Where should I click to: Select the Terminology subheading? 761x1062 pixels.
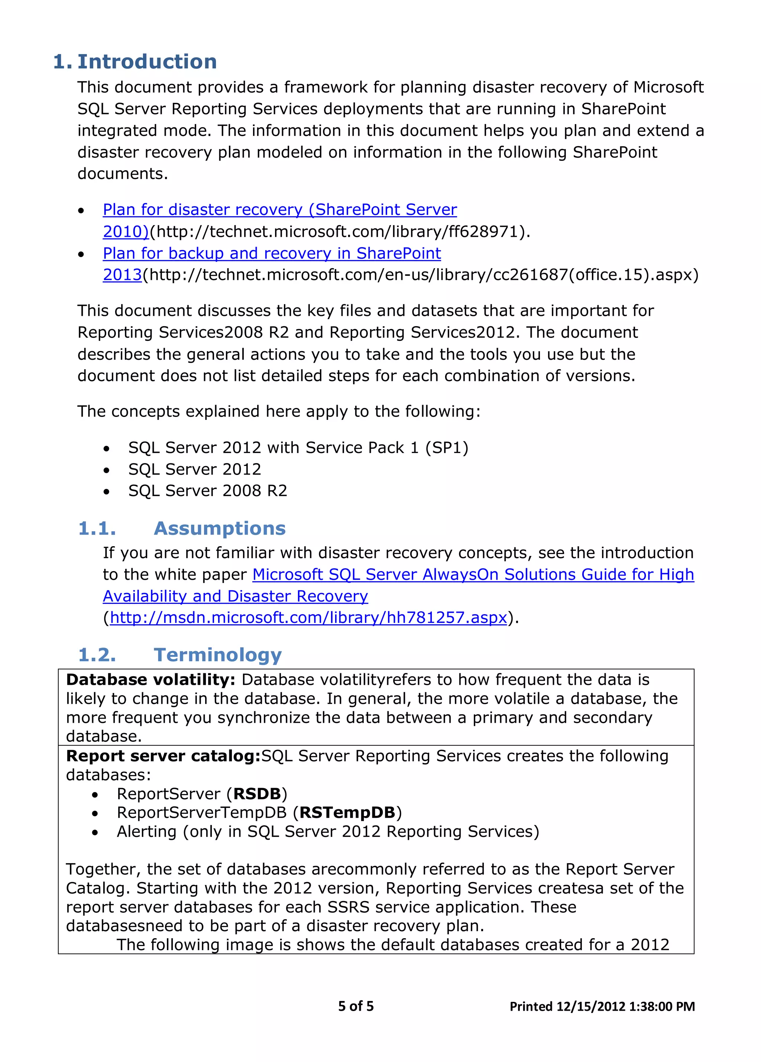(x=217, y=655)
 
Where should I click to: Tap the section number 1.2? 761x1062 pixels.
(x=97, y=655)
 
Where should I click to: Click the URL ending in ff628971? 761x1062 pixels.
(x=340, y=231)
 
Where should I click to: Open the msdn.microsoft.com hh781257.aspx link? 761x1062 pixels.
(x=308, y=618)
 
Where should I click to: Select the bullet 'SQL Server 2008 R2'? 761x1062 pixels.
(x=207, y=491)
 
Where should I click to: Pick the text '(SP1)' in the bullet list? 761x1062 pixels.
(x=446, y=448)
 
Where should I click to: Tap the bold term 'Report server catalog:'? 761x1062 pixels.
(x=163, y=756)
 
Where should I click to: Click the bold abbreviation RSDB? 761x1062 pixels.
(x=257, y=794)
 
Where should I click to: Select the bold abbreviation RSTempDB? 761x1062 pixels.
(x=347, y=812)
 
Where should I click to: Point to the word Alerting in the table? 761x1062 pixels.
(x=146, y=832)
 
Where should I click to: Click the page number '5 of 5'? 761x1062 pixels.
(x=356, y=1006)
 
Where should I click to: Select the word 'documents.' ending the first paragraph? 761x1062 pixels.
(x=122, y=174)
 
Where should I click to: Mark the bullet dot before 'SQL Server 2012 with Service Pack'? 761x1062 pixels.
(x=107, y=449)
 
